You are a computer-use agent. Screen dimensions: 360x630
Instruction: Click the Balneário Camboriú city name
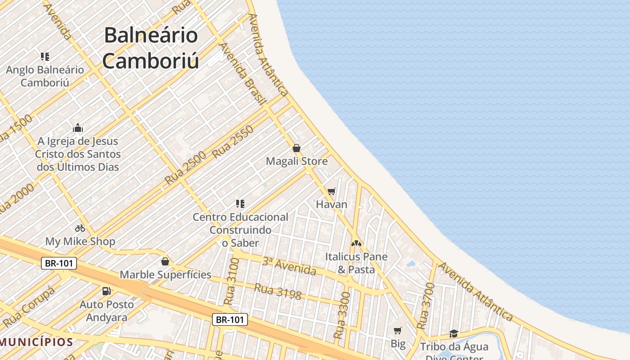pos(151,48)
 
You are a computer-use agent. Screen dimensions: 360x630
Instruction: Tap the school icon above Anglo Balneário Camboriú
pos(45,57)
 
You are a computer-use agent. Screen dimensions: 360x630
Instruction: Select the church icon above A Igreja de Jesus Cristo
pos(78,128)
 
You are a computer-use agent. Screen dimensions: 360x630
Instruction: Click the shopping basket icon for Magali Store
pos(297,148)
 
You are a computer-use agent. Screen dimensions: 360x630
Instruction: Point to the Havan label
pos(332,204)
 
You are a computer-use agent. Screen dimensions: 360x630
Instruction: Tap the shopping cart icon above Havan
pos(332,192)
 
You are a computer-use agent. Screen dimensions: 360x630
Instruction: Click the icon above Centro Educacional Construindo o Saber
pos(240,204)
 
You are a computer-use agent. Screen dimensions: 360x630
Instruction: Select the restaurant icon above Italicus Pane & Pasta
pos(356,243)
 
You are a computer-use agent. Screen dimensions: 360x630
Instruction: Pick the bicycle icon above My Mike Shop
pos(80,228)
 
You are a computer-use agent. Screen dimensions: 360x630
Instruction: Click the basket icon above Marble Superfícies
pos(165,261)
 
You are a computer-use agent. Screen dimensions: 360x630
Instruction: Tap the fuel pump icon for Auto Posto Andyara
pos(106,291)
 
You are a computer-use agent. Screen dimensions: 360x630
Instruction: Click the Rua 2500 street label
pos(185,168)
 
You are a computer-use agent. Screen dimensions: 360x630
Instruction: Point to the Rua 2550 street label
pos(233,142)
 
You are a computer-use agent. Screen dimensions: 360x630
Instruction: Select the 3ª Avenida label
pos(289,266)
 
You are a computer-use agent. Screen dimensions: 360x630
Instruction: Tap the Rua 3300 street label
pos(342,315)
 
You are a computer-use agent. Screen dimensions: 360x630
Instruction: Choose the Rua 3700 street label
pos(426,306)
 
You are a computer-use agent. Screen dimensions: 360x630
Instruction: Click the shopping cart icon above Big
pos(397,331)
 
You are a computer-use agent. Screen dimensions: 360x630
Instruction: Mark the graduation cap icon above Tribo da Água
pos(454,334)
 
